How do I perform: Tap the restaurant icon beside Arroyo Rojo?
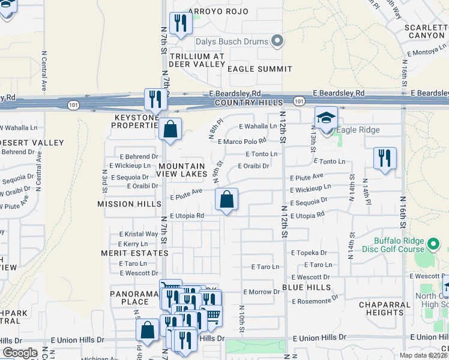(179, 23)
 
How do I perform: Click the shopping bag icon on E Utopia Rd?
(226, 199)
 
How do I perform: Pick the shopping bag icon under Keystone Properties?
(170, 129)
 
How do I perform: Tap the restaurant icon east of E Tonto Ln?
(385, 158)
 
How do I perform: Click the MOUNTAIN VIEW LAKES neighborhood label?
(181, 169)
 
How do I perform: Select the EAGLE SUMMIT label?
(260, 69)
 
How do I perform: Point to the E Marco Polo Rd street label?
(242, 142)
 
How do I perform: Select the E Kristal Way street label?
(138, 234)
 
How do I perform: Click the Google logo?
(20, 353)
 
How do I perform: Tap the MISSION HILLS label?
(124, 204)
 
